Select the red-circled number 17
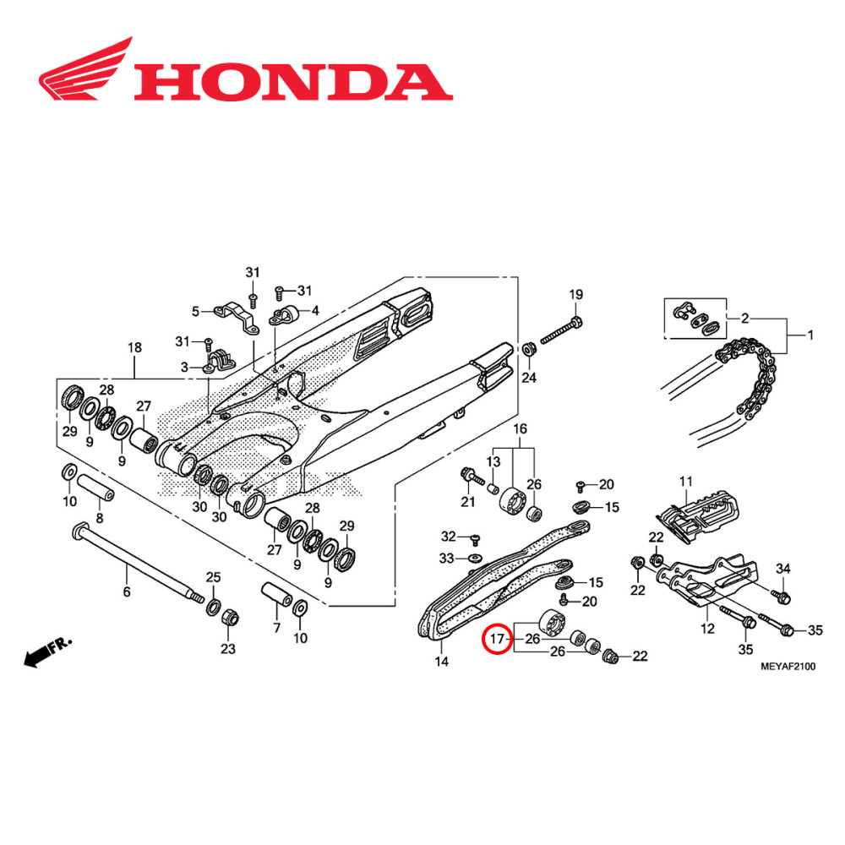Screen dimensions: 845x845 (x=498, y=638)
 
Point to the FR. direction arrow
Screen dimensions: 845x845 (x=47, y=651)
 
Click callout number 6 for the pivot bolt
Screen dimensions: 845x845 (x=127, y=591)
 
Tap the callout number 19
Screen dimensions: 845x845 (x=575, y=295)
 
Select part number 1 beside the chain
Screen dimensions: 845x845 (x=810, y=335)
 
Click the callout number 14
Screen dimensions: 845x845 (x=442, y=662)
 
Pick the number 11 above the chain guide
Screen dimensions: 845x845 (x=685, y=481)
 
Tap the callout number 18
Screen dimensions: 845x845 (x=134, y=348)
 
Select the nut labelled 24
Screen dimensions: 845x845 (x=528, y=349)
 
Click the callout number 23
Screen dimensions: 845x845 (x=228, y=648)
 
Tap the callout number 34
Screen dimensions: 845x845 (x=782, y=568)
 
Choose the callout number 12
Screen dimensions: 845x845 (x=707, y=628)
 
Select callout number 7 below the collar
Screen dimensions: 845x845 (x=275, y=627)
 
